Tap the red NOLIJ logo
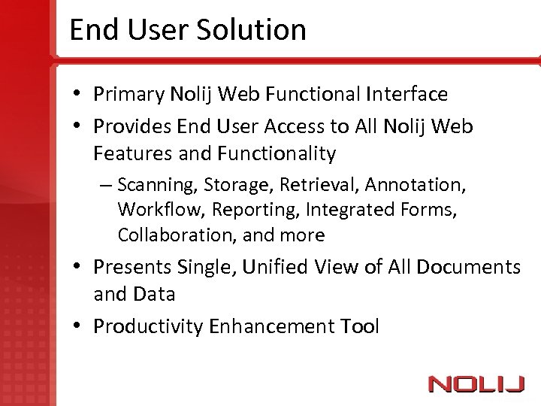476,383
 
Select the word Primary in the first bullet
128,94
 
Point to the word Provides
132,126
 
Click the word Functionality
277,153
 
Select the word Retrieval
316,184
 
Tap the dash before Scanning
107,185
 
